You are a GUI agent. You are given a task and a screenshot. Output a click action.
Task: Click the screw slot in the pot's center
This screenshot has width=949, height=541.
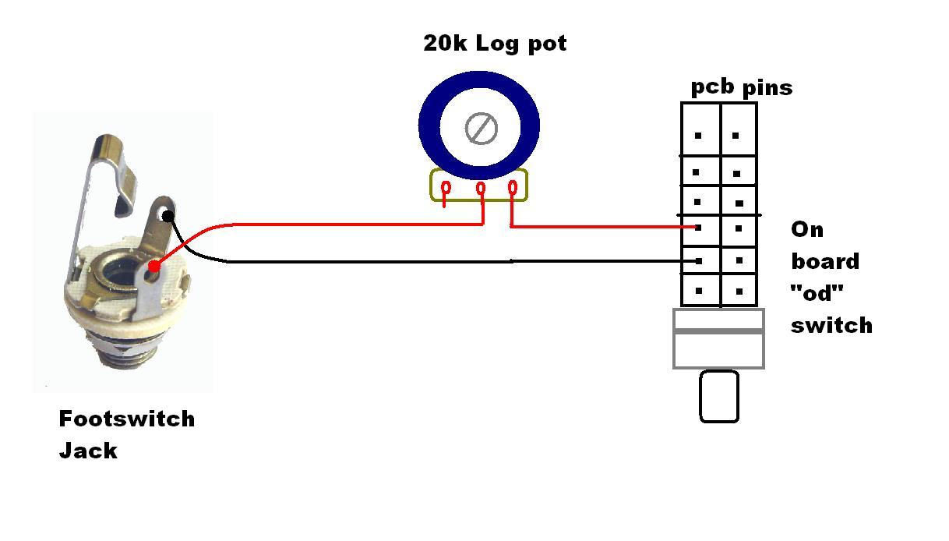coord(481,128)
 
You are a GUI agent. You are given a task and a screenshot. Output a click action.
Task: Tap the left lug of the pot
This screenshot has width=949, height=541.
coord(445,188)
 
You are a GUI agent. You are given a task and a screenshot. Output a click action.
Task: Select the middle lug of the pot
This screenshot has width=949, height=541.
coord(481,188)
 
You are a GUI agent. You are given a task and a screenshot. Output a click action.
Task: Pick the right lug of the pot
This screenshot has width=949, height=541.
coord(513,187)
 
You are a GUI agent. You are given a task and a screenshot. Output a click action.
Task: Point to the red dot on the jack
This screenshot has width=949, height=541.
coord(154,267)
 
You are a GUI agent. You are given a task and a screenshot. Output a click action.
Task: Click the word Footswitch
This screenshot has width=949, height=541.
coord(126,419)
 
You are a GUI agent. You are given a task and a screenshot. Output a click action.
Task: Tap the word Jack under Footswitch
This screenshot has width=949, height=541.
coord(88,451)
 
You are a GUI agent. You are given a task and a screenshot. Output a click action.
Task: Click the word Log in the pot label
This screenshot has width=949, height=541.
coord(496,44)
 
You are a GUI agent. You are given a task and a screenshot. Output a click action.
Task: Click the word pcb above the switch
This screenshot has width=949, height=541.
coord(713,87)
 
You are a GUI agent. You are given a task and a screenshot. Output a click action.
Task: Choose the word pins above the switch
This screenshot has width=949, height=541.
coord(767,87)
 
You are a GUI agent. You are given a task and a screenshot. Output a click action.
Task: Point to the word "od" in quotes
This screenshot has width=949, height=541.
coord(817,294)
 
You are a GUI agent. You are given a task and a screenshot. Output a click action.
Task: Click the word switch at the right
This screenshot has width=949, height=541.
coord(831,324)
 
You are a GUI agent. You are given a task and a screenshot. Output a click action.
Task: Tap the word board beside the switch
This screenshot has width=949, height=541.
coord(825,261)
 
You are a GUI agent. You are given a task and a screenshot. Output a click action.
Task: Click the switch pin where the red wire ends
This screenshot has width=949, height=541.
coord(698,228)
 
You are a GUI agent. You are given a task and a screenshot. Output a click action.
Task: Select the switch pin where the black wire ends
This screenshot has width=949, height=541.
coord(699,260)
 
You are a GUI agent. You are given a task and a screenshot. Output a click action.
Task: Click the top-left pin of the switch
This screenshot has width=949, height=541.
coord(698,136)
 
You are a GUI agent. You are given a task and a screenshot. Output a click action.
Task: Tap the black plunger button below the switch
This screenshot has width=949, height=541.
coord(718,396)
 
